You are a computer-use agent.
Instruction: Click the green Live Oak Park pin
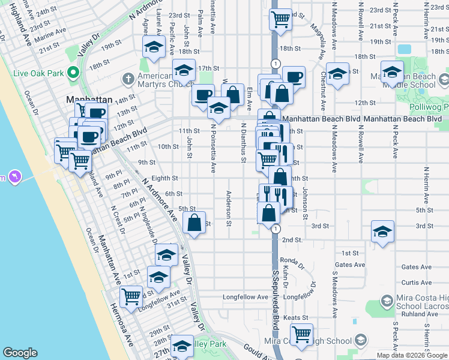point(73,73)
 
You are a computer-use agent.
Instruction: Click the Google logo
point(20,353)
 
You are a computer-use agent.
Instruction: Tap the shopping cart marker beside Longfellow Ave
point(131,295)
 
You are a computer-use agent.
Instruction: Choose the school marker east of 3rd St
point(382,232)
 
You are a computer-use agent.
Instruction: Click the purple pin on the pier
point(15,176)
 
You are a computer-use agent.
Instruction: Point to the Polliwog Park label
point(429,107)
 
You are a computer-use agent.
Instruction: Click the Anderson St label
point(229,208)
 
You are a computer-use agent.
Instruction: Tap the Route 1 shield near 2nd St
point(275,229)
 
